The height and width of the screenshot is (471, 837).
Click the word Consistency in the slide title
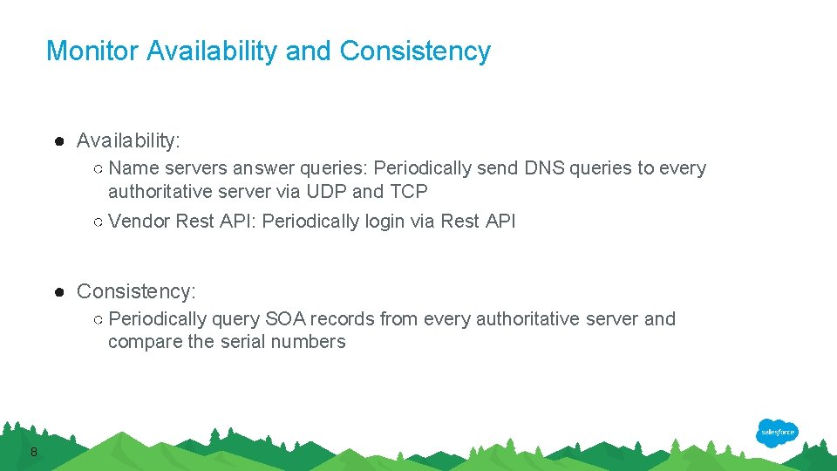[x=415, y=51]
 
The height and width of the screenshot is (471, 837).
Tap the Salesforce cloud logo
[x=777, y=433]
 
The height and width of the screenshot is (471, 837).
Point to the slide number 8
[x=33, y=451]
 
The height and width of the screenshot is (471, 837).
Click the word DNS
[x=544, y=168]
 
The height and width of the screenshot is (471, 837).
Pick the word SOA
[x=286, y=319]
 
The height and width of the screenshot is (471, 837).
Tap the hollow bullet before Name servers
[x=99, y=168]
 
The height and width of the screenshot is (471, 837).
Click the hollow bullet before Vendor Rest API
[x=99, y=222]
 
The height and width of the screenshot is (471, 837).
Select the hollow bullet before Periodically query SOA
[x=99, y=319]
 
